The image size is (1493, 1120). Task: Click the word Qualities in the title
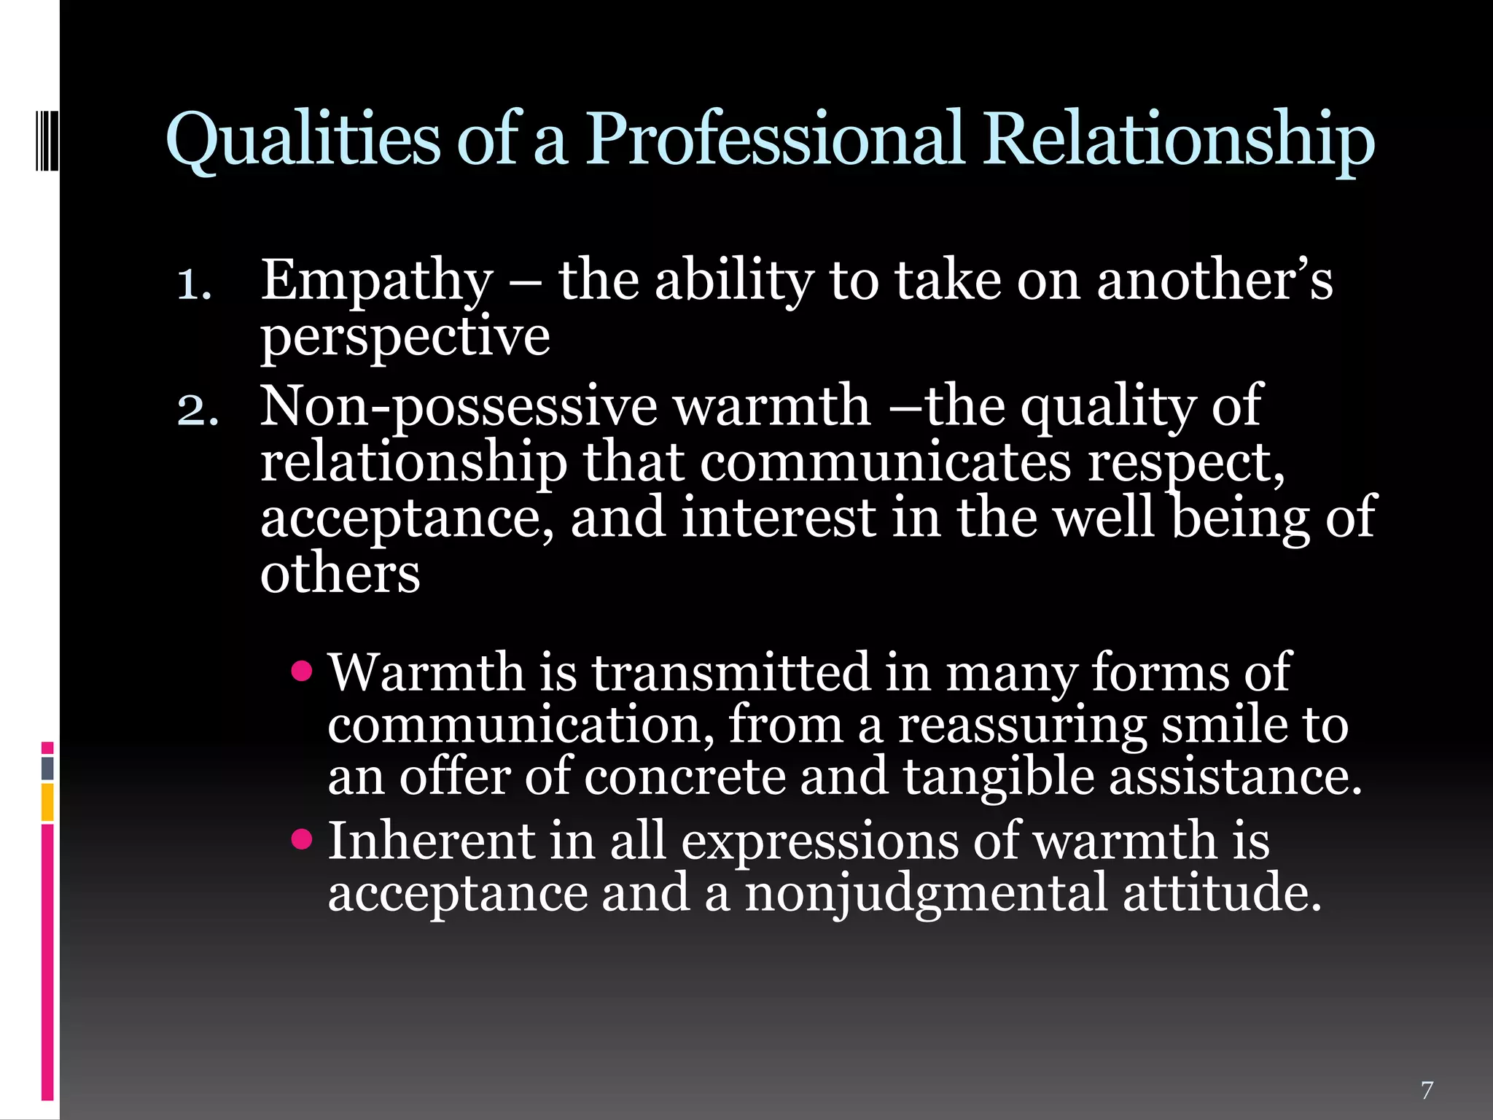coord(303,139)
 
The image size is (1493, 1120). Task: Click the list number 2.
coord(197,411)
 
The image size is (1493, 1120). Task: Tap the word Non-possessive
coord(459,407)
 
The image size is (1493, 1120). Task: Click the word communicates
coord(886,462)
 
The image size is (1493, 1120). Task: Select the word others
coord(340,572)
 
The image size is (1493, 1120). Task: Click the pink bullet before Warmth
coord(301,670)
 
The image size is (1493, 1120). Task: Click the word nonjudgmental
coord(926,894)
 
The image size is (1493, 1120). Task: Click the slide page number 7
coord(1427,1090)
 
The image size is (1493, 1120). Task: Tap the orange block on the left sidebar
coord(47,802)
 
